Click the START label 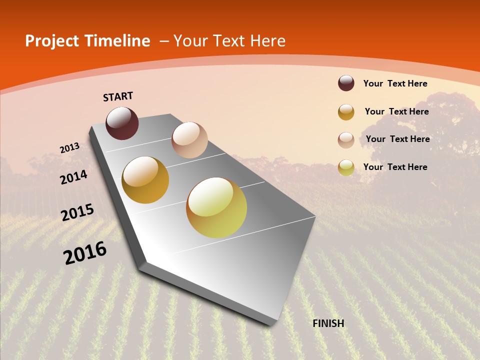point(118,96)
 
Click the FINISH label point(328,323)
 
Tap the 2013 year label point(69,148)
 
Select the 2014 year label point(73,177)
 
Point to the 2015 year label point(77,212)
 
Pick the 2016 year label point(85,253)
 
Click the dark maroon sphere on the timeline point(122,123)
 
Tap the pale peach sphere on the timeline point(189,140)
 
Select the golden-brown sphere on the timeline point(145,180)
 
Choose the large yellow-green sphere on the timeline point(216,207)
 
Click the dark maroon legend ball point(346,83)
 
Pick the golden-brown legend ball point(346,112)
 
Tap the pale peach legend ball point(346,140)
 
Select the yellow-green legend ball point(346,167)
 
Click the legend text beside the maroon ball point(395,83)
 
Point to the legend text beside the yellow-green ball point(395,167)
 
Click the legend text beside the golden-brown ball point(396,111)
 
